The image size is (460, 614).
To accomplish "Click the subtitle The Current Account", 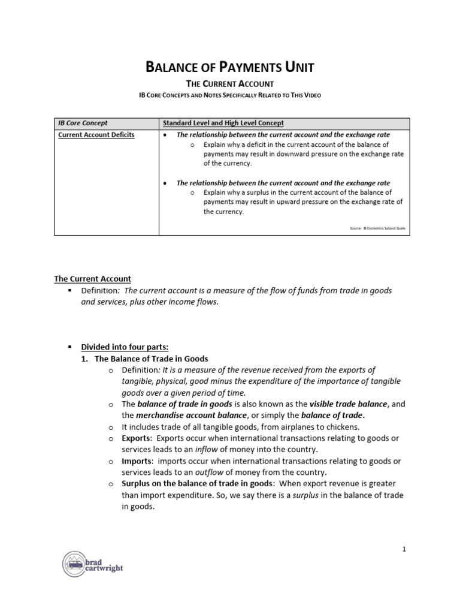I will click(230, 84).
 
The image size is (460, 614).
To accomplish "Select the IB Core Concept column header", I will click(83, 123).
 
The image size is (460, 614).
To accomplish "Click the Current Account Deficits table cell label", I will click(96, 135).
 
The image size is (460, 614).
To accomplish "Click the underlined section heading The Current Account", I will click(92, 279).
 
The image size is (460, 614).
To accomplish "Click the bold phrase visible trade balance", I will click(347, 404).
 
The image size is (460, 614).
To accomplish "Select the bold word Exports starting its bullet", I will click(137, 438).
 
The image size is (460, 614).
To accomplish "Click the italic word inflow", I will click(210, 450).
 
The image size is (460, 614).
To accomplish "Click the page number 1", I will click(404, 549).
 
